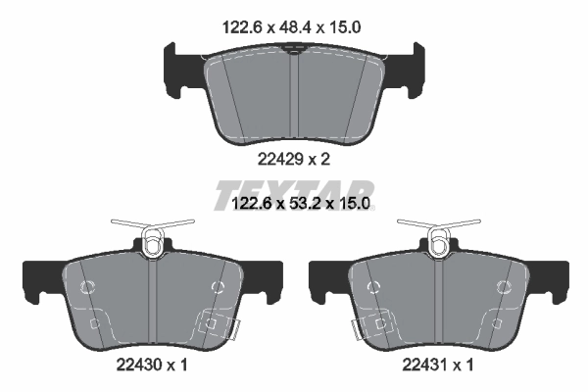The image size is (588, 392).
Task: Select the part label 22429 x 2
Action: click(293, 156)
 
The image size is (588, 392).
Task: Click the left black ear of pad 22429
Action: click(174, 69)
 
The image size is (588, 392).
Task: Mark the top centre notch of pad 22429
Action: click(293, 57)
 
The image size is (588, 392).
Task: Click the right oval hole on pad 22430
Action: click(217, 286)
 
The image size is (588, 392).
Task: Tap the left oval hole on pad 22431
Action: click(371, 286)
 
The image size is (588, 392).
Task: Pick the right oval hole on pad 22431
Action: click(503, 287)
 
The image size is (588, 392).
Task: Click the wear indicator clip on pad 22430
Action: click(217, 324)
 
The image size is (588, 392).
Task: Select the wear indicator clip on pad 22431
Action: click(369, 324)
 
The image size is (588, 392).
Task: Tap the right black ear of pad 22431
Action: click(551, 281)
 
